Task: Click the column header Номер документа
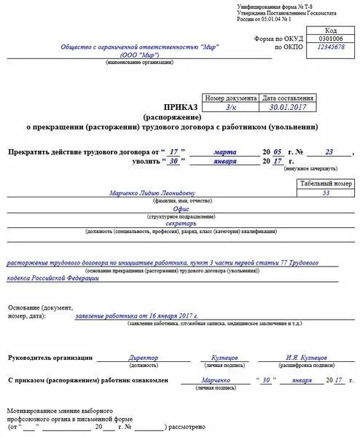(231, 97)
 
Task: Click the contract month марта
(224, 152)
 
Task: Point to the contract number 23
(329, 152)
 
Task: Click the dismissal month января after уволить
(224, 162)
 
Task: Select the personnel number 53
(326, 193)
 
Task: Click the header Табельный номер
(326, 184)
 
